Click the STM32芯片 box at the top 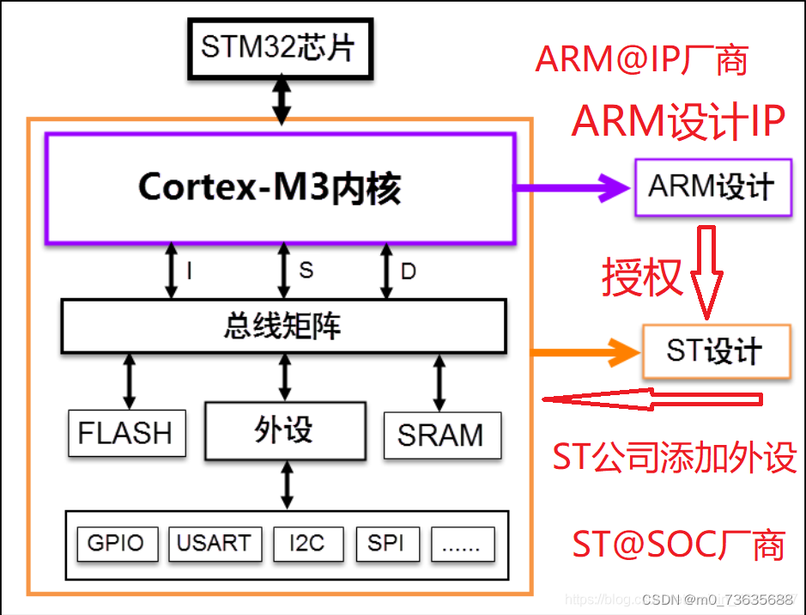point(282,48)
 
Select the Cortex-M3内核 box point(280,188)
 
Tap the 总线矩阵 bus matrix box point(283,326)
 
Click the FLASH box point(126,433)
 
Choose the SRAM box point(440,435)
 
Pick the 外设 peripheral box point(284,429)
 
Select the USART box point(214,543)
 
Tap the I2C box point(307,543)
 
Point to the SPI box point(385,543)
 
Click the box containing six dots point(464,543)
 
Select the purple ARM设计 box point(712,186)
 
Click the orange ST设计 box point(715,350)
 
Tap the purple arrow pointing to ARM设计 point(572,186)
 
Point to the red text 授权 point(642,277)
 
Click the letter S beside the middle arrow point(306,270)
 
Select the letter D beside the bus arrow point(409,271)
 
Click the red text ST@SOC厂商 point(678,545)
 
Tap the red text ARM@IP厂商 point(642,59)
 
